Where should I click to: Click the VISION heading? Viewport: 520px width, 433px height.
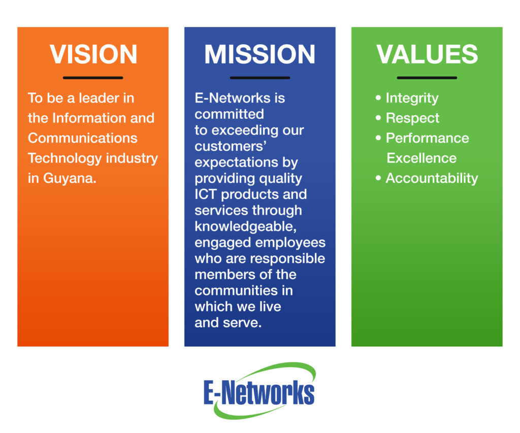pyautogui.click(x=93, y=54)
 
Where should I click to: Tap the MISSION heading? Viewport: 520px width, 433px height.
pyautogui.click(x=259, y=54)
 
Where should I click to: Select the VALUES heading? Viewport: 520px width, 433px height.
pyautogui.click(x=427, y=54)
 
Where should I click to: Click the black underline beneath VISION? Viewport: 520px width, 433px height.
pyautogui.click(x=93, y=78)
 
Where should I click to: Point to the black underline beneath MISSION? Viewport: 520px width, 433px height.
pyautogui.click(x=260, y=78)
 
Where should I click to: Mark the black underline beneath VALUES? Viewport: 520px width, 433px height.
pyautogui.click(x=427, y=78)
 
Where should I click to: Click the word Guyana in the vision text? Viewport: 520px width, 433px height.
pyautogui.click(x=70, y=179)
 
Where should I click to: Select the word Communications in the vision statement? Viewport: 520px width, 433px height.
pyautogui.click(x=83, y=138)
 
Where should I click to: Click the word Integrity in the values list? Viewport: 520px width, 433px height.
pyautogui.click(x=412, y=98)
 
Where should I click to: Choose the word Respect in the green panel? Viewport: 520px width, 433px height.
pyautogui.click(x=412, y=118)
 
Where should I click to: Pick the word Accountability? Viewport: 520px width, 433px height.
pyautogui.click(x=432, y=178)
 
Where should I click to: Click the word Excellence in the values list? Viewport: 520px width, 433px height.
pyautogui.click(x=421, y=158)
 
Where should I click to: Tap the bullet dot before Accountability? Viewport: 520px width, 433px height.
pyautogui.click(x=378, y=178)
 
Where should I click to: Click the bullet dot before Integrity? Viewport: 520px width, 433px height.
pyautogui.click(x=378, y=98)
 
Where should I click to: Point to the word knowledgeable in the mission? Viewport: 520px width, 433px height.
pyautogui.click(x=245, y=227)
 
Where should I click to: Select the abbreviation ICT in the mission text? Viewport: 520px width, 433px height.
pyautogui.click(x=206, y=194)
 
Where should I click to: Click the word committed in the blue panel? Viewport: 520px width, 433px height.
pyautogui.click(x=229, y=114)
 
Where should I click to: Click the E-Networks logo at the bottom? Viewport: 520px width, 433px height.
pyautogui.click(x=259, y=390)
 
